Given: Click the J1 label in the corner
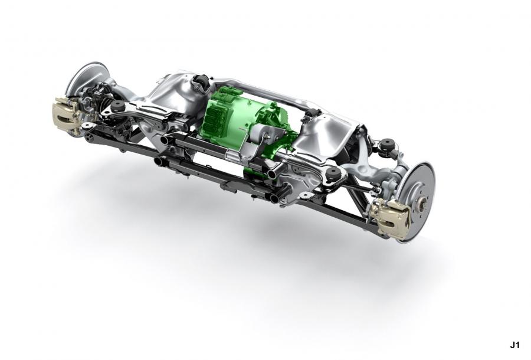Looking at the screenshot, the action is click(x=514, y=345).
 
